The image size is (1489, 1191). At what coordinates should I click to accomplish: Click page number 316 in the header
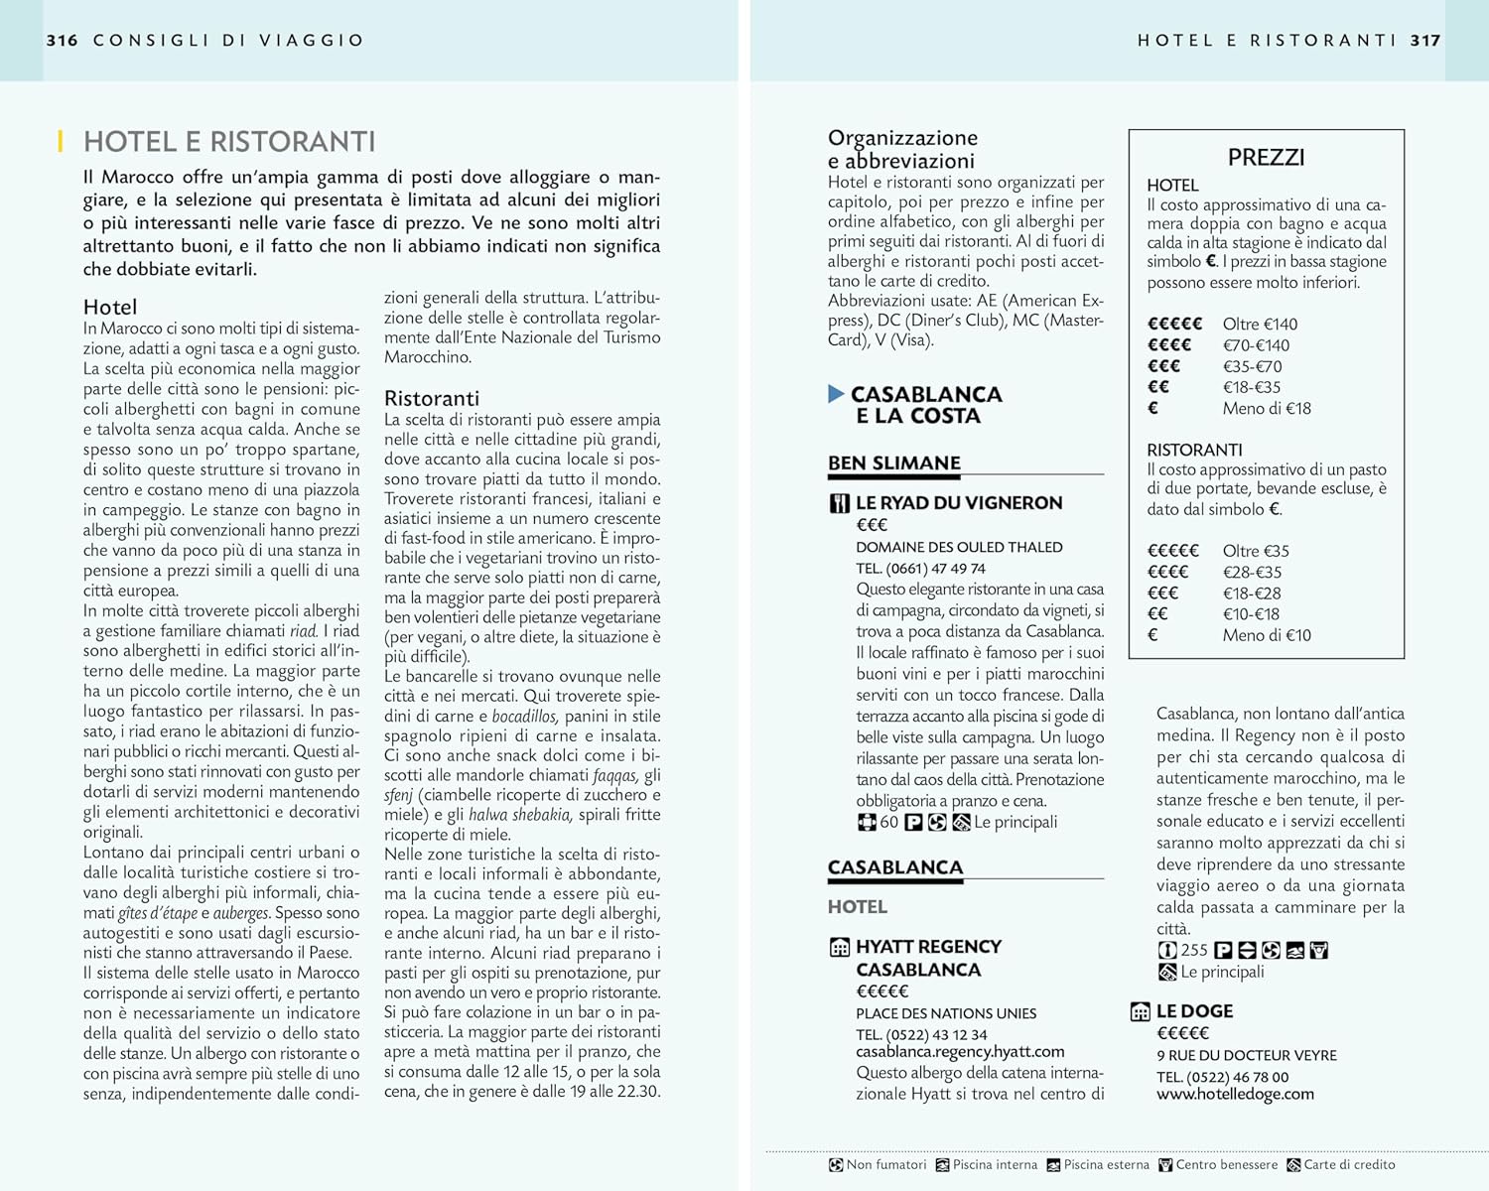(x=62, y=41)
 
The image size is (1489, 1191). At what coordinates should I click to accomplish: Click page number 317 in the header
(x=1425, y=41)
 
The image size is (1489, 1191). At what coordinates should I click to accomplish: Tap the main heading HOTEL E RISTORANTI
(x=229, y=142)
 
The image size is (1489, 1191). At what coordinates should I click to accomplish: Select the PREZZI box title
(x=1266, y=157)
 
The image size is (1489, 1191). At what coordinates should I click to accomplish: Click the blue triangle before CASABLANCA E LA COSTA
(x=836, y=394)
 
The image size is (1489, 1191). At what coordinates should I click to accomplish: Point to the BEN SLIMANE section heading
(x=894, y=463)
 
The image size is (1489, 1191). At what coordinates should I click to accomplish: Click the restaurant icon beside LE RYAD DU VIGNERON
(x=840, y=503)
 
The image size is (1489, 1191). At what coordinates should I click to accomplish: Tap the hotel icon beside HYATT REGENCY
(x=840, y=947)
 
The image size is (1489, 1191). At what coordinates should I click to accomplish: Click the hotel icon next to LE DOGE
(x=1141, y=1011)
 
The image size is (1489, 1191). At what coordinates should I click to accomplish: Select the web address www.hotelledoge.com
(x=1235, y=1094)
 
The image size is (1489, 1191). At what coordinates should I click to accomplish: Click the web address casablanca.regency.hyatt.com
(x=960, y=1052)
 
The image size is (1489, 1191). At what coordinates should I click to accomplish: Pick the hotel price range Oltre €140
(x=1260, y=324)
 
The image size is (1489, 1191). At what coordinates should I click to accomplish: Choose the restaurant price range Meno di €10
(x=1267, y=635)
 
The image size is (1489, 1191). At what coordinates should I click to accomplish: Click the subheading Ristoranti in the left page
(x=432, y=398)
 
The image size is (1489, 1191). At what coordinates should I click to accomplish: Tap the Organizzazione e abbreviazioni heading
(x=902, y=149)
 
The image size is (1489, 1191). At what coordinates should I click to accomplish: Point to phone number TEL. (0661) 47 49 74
(x=920, y=569)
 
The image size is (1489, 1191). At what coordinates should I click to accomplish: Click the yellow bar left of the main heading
(x=61, y=142)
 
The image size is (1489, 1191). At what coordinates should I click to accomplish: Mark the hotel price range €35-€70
(x=1253, y=366)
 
